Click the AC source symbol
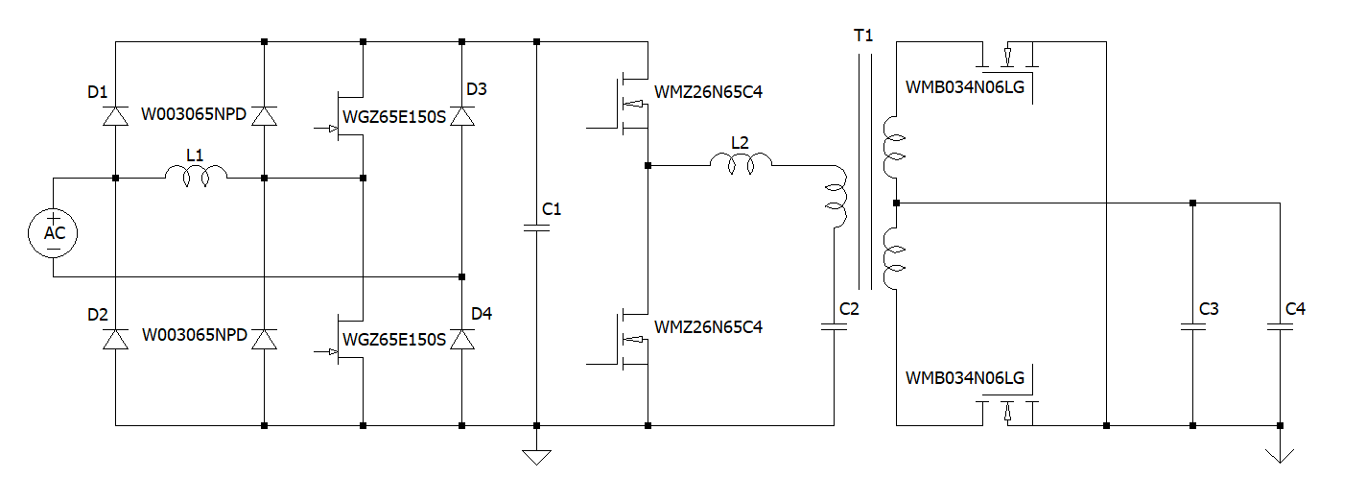click(x=54, y=233)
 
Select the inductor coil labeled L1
click(x=196, y=174)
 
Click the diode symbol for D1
click(x=115, y=115)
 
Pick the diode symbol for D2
click(x=115, y=339)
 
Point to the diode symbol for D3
click(x=462, y=115)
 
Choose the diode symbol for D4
click(x=462, y=339)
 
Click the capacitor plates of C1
click(x=536, y=228)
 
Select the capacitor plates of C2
click(x=834, y=327)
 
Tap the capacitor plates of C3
click(x=1192, y=327)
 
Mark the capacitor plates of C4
click(x=1280, y=327)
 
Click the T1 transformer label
click(x=864, y=36)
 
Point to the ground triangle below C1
click(x=536, y=456)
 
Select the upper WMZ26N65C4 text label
click(x=708, y=93)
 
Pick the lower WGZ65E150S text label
click(x=394, y=339)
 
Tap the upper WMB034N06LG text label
click(x=965, y=88)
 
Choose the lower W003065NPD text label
click(x=195, y=336)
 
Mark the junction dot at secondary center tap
click(x=895, y=203)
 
